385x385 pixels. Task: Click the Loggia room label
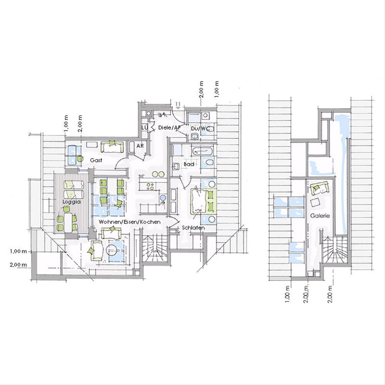[72, 202]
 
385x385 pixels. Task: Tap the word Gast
[96, 160]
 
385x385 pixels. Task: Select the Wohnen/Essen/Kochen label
[130, 222]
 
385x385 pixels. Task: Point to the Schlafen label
[193, 227]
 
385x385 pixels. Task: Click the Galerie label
[320, 216]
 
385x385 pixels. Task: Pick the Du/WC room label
[201, 129]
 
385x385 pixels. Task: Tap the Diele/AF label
[169, 127]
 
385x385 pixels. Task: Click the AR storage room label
[140, 146]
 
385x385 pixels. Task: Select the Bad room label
[189, 164]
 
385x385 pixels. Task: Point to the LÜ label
[144, 127]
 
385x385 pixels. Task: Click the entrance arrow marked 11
[178, 105]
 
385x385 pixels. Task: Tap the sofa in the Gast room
[112, 147]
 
